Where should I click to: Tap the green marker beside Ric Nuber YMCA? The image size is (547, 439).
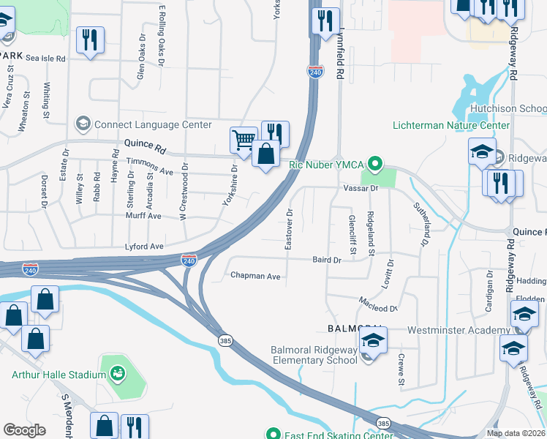pyautogui.click(x=375, y=163)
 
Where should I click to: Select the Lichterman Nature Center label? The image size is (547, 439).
pyautogui.click(x=451, y=126)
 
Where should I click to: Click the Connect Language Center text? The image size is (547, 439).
pyautogui.click(x=153, y=125)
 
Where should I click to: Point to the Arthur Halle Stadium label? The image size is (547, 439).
pyautogui.click(x=59, y=375)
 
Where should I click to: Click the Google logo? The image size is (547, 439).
pyautogui.click(x=24, y=429)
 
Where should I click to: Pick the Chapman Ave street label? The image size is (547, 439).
pyautogui.click(x=255, y=276)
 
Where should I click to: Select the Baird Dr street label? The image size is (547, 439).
pyautogui.click(x=327, y=260)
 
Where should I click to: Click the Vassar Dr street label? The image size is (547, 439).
pyautogui.click(x=359, y=188)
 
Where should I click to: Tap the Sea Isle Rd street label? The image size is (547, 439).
pyautogui.click(x=45, y=57)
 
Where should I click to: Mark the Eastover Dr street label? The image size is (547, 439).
pyautogui.click(x=289, y=230)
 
